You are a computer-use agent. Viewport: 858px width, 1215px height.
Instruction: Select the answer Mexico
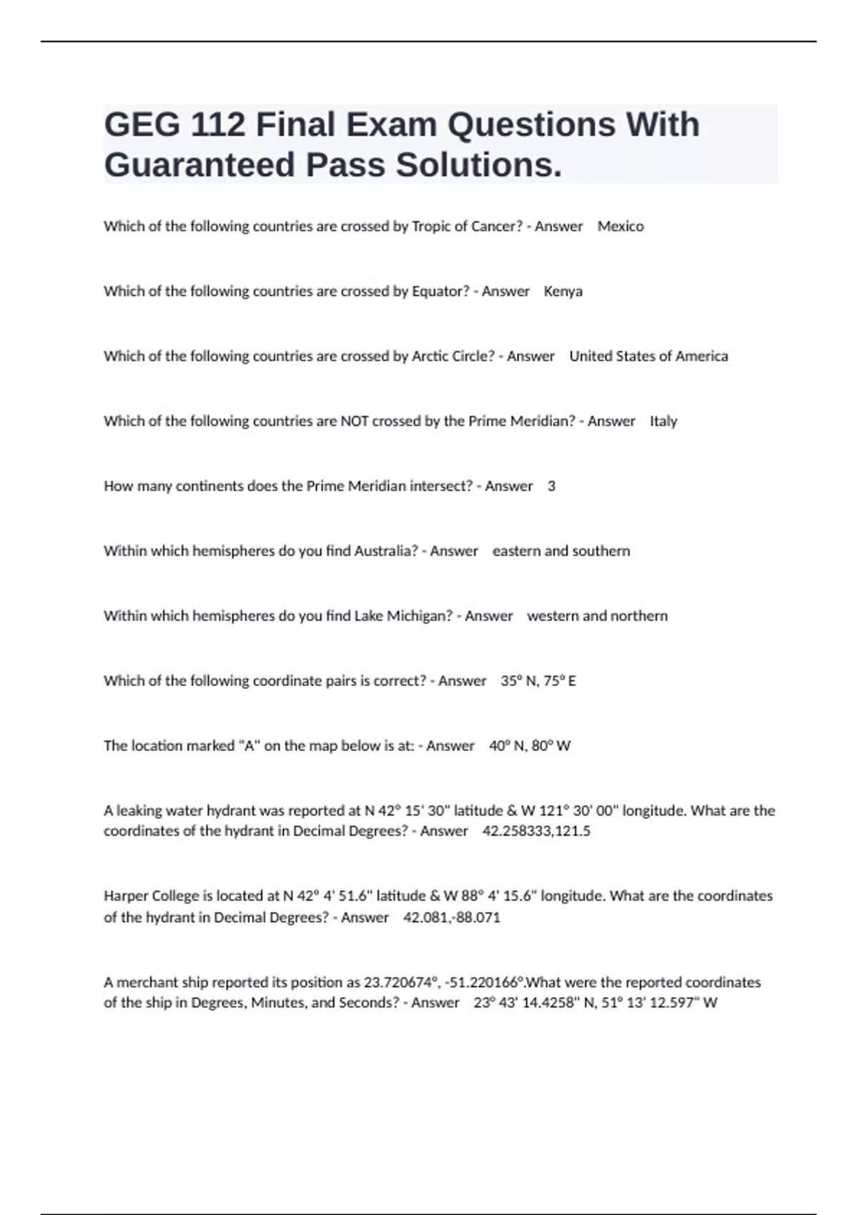pos(620,227)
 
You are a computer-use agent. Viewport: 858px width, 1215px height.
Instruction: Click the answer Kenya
pos(563,292)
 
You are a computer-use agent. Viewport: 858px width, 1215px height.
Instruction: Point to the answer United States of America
pos(649,357)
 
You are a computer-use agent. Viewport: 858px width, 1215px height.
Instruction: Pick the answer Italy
pos(663,422)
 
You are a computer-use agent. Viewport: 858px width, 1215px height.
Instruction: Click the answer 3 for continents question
pos(551,487)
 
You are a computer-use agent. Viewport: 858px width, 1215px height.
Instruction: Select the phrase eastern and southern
pos(561,551)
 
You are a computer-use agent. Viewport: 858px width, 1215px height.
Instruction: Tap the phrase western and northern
pos(597,616)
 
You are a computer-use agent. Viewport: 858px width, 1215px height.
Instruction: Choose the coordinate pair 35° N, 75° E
pos(538,681)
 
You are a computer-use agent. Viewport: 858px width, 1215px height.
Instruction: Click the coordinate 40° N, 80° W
pos(530,746)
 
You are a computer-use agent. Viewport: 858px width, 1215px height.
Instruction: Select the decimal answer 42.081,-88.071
pos(452,918)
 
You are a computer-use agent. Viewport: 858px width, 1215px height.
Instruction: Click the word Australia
pos(386,551)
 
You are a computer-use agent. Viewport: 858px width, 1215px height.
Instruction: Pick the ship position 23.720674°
pos(398,983)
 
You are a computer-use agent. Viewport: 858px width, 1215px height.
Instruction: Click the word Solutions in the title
pos(479,165)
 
